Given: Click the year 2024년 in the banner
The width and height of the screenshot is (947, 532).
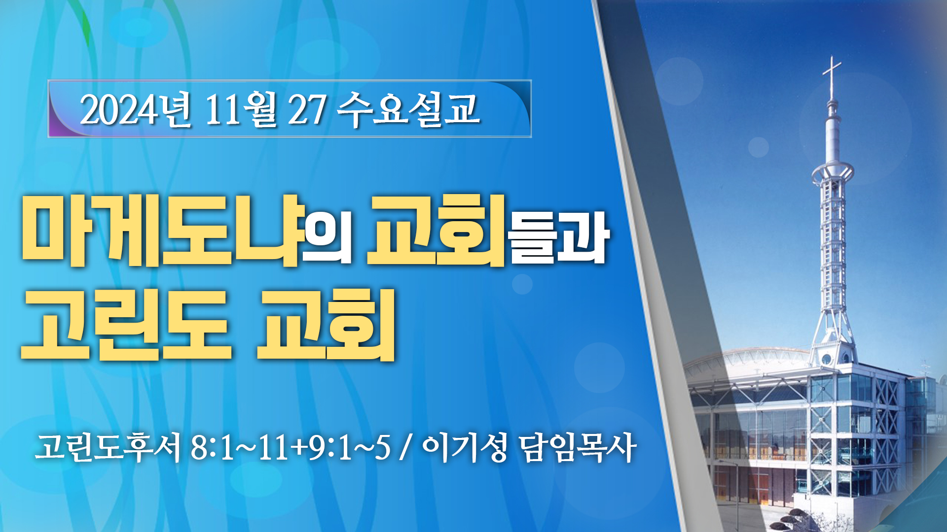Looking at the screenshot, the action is click(x=135, y=109).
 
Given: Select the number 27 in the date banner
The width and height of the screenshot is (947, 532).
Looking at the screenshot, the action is click(x=306, y=109).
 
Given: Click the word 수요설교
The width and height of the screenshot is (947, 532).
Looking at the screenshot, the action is click(x=409, y=109).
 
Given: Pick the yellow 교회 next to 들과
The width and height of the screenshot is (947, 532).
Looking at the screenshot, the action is click(x=437, y=231).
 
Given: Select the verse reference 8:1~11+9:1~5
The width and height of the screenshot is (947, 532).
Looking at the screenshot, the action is click(x=290, y=448).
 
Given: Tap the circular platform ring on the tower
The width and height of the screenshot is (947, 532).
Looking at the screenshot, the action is click(x=833, y=172).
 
